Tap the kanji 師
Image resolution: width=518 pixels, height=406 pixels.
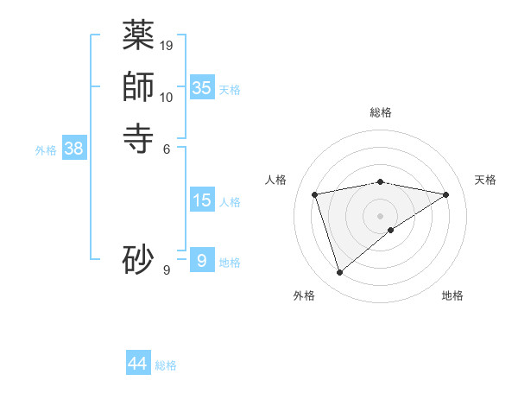click(138, 86)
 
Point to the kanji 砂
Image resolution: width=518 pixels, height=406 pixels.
click(138, 259)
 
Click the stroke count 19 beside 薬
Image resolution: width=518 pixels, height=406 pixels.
click(167, 45)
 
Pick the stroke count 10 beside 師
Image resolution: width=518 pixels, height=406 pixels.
click(167, 97)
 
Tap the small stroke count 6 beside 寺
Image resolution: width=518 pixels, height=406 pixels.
click(167, 149)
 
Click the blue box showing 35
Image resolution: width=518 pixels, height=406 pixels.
click(202, 88)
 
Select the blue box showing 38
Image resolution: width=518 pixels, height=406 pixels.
click(74, 149)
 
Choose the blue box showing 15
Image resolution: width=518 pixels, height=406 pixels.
click(202, 200)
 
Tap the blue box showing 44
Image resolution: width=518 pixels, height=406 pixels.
click(138, 364)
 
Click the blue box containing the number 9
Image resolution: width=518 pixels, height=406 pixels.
click(202, 261)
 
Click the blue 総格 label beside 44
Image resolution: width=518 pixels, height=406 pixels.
click(166, 365)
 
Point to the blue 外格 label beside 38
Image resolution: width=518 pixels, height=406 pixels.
click(46, 150)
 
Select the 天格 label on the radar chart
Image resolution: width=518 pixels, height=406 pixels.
click(485, 180)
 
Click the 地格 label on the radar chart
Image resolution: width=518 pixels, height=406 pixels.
click(452, 295)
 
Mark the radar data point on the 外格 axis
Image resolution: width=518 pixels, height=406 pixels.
click(339, 273)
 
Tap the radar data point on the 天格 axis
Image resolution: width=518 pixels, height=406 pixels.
click(446, 194)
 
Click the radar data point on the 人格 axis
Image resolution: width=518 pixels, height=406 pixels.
click(315, 194)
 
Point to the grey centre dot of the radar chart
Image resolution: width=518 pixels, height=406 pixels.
click(381, 215)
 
